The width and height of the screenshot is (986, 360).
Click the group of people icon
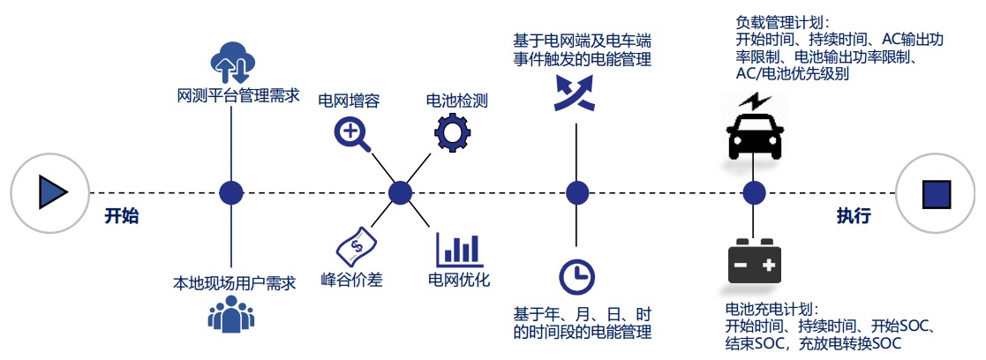click(231, 313)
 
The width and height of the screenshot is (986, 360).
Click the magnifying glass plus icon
click(351, 134)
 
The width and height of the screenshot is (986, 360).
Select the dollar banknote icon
click(356, 244)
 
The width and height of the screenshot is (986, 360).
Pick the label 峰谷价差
click(350, 281)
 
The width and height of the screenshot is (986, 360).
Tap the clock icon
click(576, 276)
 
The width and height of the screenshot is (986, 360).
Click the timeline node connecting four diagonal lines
click(401, 192)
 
